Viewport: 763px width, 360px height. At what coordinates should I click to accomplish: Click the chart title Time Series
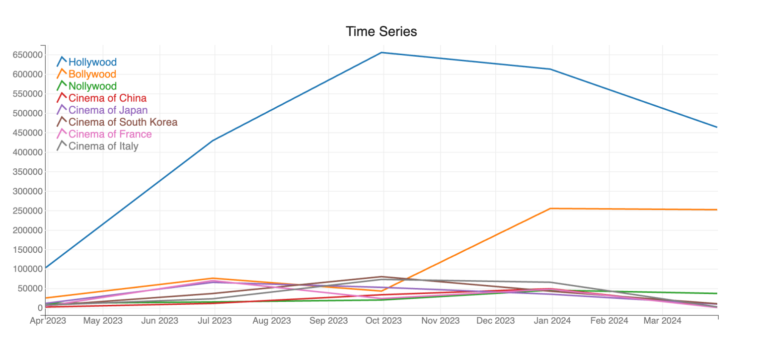(381, 31)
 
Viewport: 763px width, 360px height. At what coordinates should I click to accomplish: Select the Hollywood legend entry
(92, 62)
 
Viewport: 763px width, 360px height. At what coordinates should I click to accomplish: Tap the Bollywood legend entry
(92, 74)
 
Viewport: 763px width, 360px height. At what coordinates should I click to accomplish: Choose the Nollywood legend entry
(92, 86)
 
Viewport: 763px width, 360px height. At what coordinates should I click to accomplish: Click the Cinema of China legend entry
(107, 98)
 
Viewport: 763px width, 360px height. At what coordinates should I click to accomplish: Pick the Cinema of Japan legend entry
(108, 110)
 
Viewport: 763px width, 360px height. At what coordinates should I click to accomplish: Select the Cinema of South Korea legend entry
(123, 122)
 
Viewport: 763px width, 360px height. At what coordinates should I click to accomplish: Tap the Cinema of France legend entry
(110, 134)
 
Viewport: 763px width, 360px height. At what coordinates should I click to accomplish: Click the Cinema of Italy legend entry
(103, 146)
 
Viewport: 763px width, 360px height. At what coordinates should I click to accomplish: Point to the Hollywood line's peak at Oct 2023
(381, 52)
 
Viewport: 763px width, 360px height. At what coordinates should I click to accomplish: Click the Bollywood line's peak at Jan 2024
(550, 209)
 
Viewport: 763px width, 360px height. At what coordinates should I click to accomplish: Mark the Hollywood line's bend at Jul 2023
(214, 141)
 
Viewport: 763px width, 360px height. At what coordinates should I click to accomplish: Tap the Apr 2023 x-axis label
(48, 321)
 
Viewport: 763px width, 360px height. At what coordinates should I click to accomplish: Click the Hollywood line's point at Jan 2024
(550, 69)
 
